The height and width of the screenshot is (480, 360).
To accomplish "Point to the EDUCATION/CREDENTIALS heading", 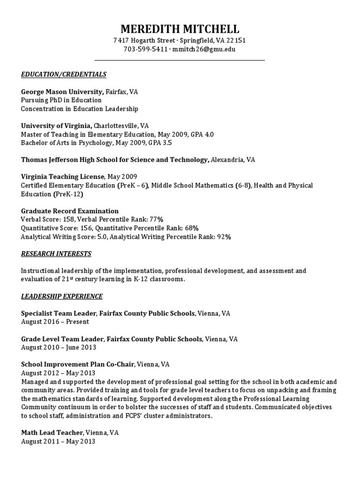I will tap(64, 74).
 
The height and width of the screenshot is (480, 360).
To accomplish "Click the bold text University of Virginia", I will tap(57, 126).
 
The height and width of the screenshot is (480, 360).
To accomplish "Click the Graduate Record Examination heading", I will tap(70, 211).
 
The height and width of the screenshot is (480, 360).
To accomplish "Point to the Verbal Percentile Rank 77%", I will tap(156, 219).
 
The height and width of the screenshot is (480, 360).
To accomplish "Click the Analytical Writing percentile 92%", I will tap(223, 237).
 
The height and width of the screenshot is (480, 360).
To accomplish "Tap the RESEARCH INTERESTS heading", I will tap(56, 254).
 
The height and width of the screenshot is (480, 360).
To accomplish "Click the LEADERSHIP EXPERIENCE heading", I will tap(62, 296).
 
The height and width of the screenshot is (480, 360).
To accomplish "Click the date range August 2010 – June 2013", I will tap(59, 347).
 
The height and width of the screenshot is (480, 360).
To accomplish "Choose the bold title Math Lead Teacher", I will tap(52, 433).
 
